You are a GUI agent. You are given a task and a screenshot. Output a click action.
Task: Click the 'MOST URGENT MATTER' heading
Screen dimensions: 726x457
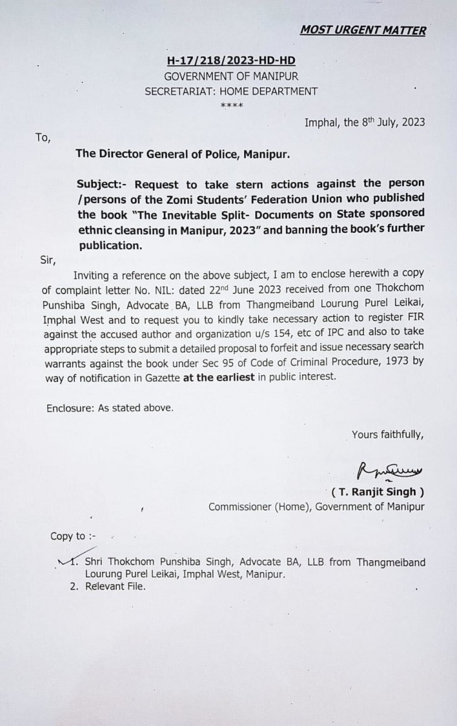363,30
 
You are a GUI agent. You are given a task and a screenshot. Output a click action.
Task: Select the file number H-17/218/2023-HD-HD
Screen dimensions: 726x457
232,62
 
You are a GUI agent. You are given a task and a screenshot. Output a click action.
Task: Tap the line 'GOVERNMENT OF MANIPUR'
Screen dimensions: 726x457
232,76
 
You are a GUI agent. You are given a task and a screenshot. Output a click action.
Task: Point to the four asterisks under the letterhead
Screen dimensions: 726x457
232,105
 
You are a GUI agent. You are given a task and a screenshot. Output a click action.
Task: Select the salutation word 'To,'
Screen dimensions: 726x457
43,137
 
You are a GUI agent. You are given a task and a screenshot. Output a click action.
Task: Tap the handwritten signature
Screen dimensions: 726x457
390,469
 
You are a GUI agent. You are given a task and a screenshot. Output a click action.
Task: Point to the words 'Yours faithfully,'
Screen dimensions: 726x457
387,434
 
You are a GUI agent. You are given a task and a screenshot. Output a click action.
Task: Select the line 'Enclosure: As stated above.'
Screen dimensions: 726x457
110,408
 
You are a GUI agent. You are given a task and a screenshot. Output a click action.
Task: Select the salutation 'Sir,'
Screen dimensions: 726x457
46,261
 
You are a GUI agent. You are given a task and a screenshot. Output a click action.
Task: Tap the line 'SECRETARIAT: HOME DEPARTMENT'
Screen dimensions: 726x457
232,91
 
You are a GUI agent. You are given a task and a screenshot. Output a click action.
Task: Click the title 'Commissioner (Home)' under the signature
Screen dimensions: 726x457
260,507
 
